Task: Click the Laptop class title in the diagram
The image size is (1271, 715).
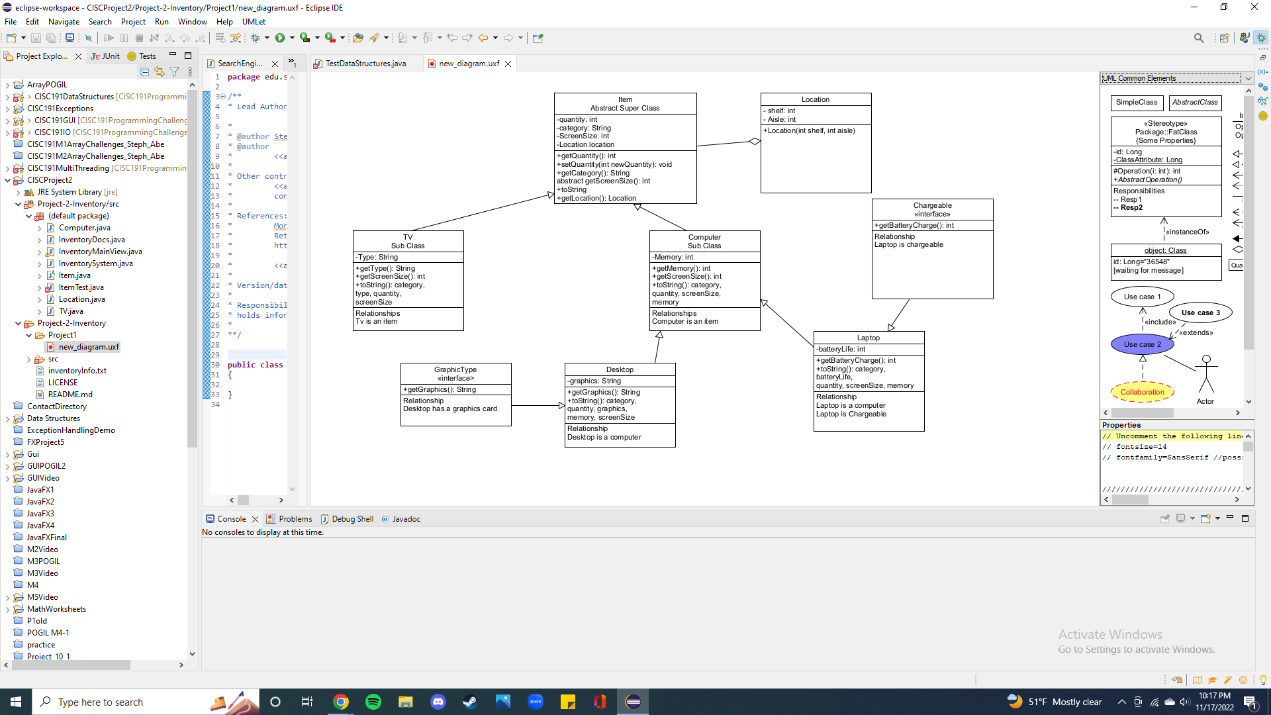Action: pyautogui.click(x=868, y=338)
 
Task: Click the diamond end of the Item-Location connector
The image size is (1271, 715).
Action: pyautogui.click(x=754, y=141)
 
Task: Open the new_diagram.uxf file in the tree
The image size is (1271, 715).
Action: pyautogui.click(x=89, y=347)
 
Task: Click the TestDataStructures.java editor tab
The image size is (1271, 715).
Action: pyautogui.click(x=365, y=64)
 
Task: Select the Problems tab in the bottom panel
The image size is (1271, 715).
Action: pyautogui.click(x=295, y=519)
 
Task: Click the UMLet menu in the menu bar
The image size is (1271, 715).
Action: pyautogui.click(x=254, y=22)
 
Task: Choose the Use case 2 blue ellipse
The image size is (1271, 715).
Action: pyautogui.click(x=1142, y=344)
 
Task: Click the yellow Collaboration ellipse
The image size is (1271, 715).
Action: pyautogui.click(x=1142, y=392)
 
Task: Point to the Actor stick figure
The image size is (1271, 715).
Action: pyautogui.click(x=1206, y=375)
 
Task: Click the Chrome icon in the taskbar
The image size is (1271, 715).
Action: pyautogui.click(x=341, y=702)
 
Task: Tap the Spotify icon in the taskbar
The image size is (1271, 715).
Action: pyautogui.click(x=373, y=702)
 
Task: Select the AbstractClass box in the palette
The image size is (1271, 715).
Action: pyautogui.click(x=1195, y=103)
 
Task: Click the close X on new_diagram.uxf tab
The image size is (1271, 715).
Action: pyautogui.click(x=508, y=64)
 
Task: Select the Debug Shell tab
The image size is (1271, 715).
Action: pyautogui.click(x=352, y=519)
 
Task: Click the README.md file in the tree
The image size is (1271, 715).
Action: pyautogui.click(x=70, y=395)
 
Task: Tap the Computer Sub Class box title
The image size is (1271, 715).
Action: pyautogui.click(x=704, y=241)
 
